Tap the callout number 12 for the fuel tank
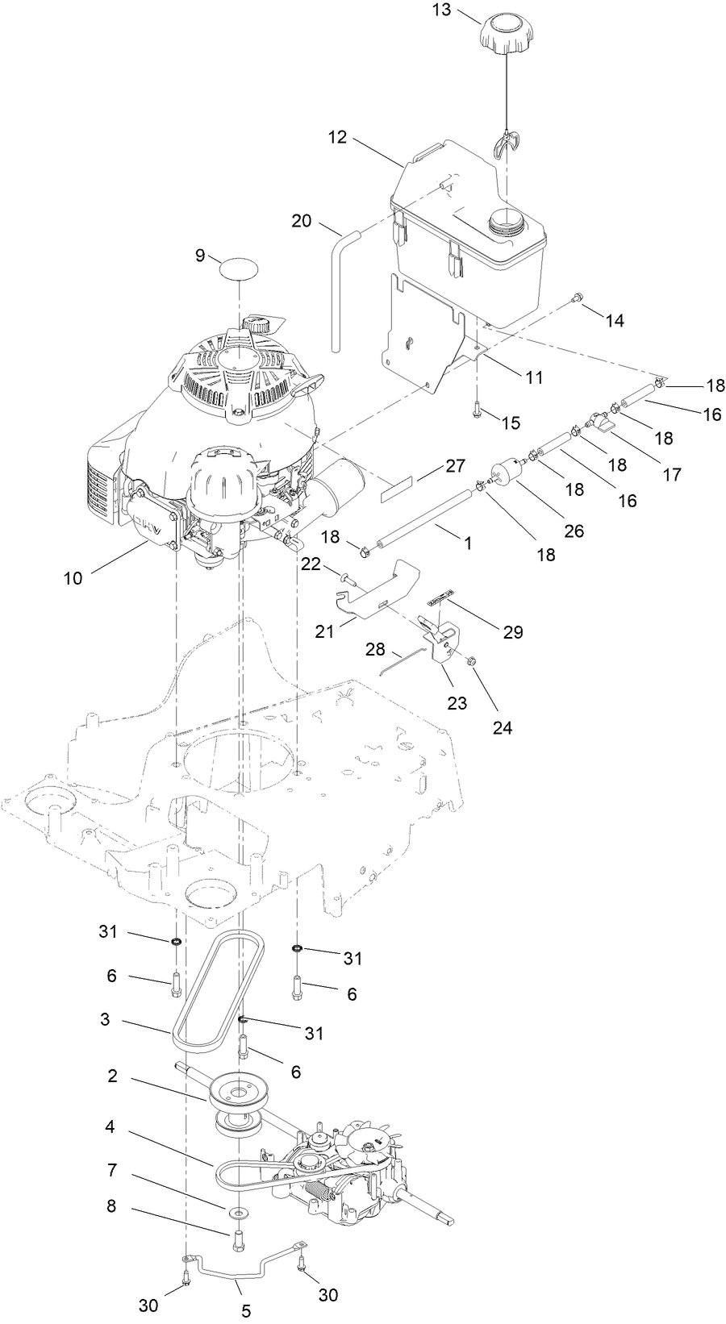click(337, 137)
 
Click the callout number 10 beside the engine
click(73, 578)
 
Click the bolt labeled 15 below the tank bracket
click(478, 409)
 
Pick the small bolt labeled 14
click(578, 300)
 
